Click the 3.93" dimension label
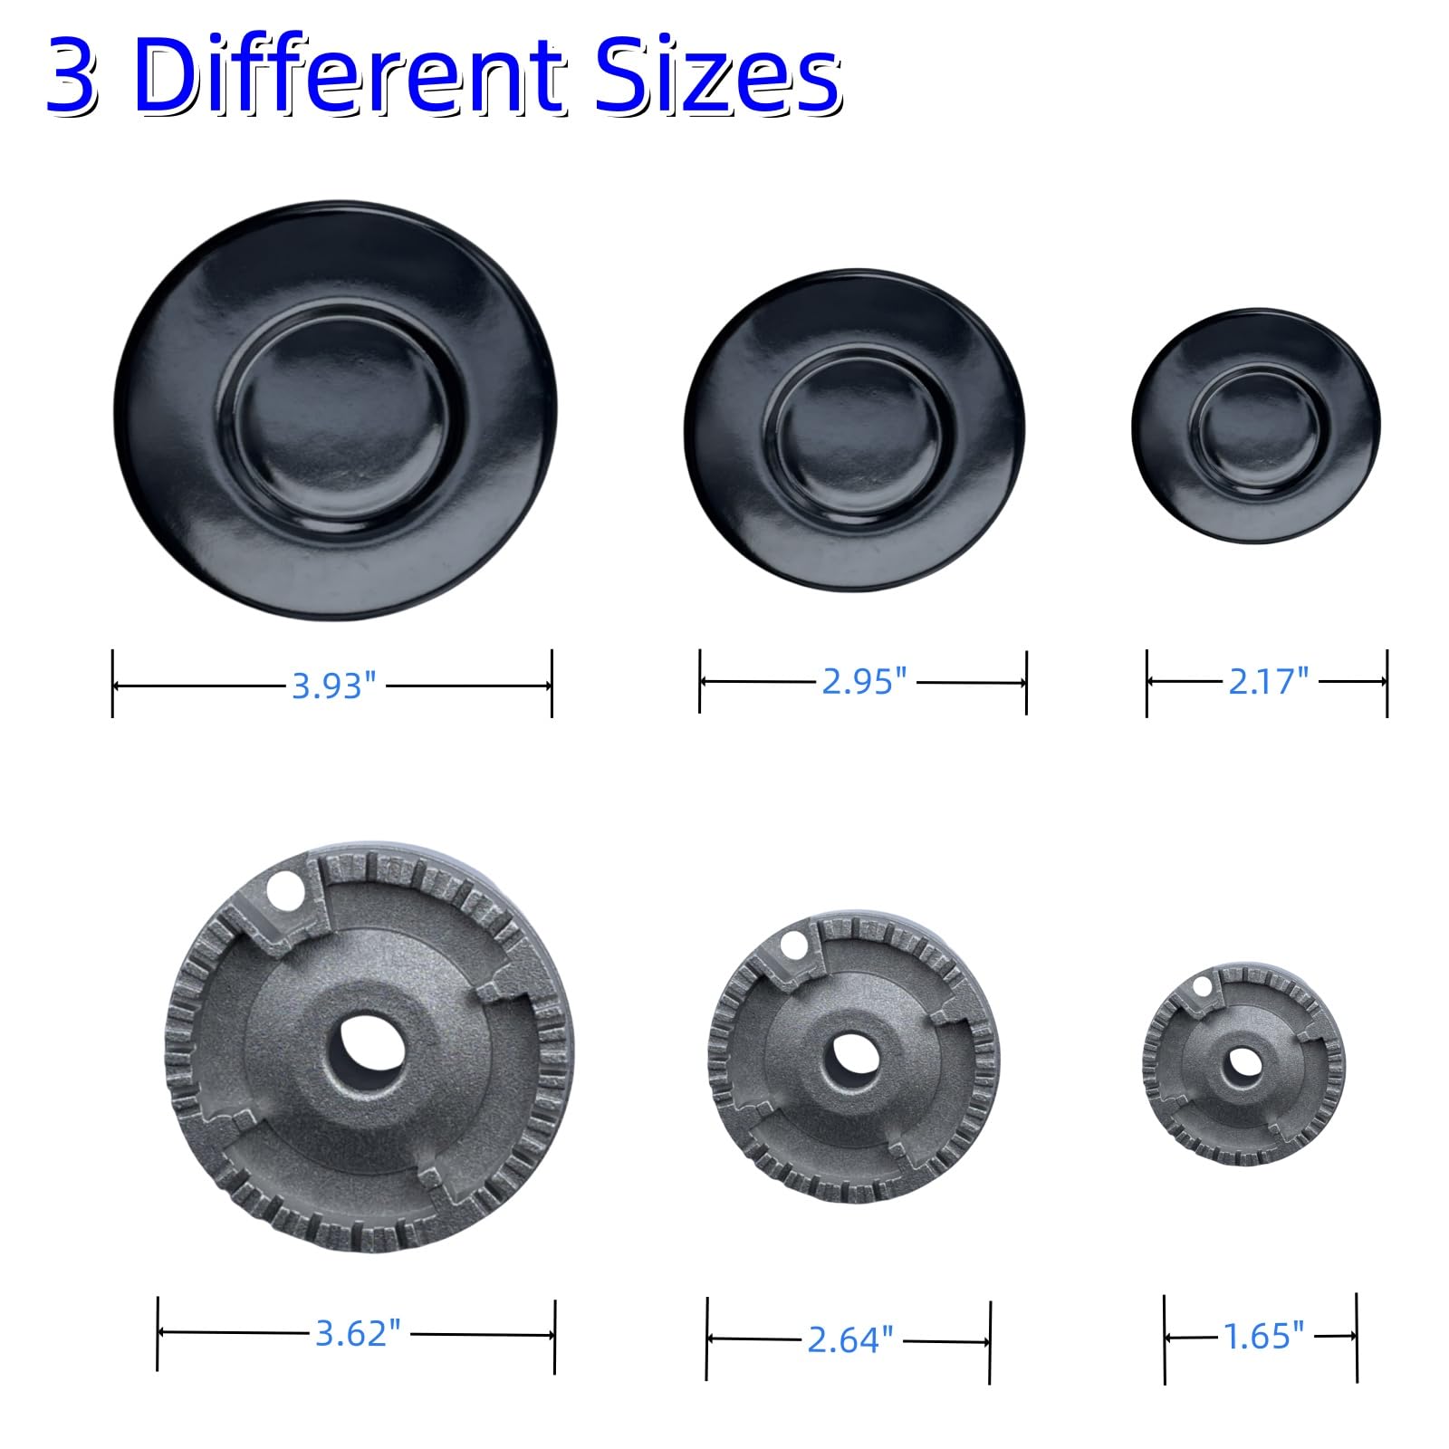click(333, 686)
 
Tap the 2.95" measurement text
click(864, 681)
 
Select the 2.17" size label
click(1268, 681)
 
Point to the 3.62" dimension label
click(358, 1333)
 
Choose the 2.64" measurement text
click(850, 1340)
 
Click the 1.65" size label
click(1263, 1336)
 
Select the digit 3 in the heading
click(72, 78)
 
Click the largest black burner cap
click(335, 410)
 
